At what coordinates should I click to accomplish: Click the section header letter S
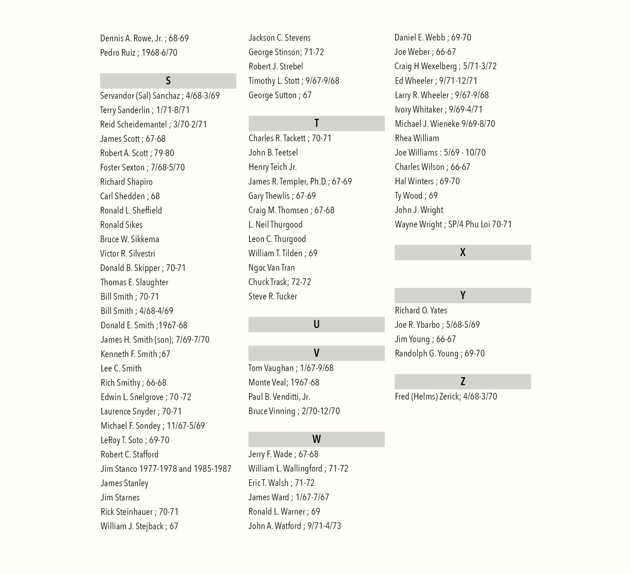pos(168,81)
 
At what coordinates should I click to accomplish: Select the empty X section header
pos(463,252)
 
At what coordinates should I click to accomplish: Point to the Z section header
pos(463,382)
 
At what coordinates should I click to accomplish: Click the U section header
pos(316,324)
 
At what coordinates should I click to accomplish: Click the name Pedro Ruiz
pos(118,53)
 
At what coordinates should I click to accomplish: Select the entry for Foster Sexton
pos(142,167)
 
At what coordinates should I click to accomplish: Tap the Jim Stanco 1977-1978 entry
pos(166,469)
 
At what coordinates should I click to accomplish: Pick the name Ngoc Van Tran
pos(272,268)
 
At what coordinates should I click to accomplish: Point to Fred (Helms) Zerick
pos(446,396)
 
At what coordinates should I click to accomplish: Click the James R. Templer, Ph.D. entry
pos(300,182)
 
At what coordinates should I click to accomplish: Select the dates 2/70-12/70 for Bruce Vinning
pos(321,411)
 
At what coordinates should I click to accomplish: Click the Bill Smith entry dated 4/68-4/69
pos(137,311)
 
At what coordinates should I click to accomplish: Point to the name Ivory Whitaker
pos(419,109)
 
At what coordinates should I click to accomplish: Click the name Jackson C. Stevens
pos(280,38)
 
